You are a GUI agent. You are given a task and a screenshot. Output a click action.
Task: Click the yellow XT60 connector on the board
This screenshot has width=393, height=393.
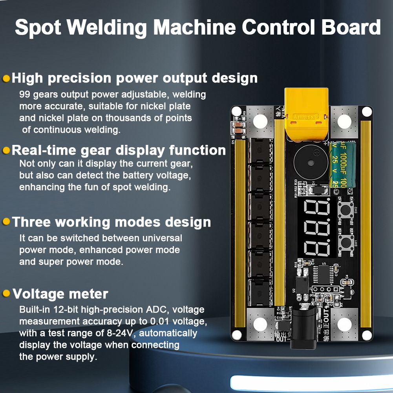306,115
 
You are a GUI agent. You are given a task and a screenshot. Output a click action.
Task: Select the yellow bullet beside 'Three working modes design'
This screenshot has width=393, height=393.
6,221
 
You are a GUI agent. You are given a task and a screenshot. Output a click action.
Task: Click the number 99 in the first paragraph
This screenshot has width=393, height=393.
24,95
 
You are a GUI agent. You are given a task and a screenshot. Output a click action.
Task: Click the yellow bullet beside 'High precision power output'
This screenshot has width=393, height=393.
6,78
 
